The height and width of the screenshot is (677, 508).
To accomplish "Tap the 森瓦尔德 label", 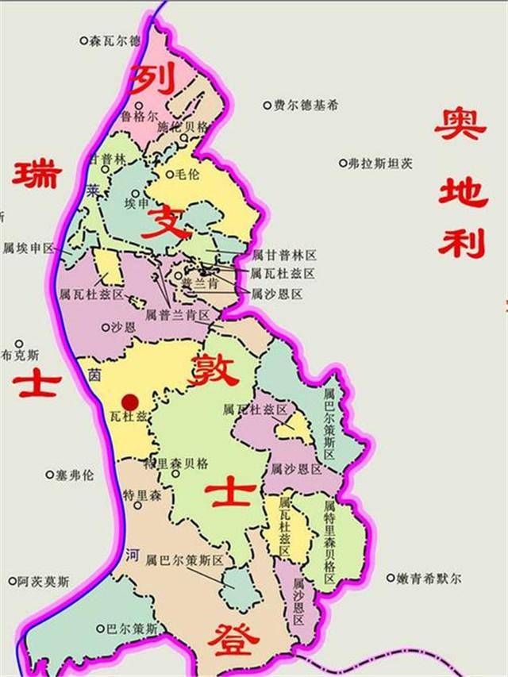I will (114, 40).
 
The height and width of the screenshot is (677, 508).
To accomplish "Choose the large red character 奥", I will (460, 125).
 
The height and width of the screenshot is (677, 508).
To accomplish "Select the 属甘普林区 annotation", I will (283, 256).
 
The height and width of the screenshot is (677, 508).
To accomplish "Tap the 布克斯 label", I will (21, 354).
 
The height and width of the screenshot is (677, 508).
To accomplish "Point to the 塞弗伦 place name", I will (74, 475).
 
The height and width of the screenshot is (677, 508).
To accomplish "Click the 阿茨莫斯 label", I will (43, 582).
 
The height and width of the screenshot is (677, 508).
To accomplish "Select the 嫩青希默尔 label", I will (429, 579).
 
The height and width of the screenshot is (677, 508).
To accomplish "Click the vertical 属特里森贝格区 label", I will (330, 540).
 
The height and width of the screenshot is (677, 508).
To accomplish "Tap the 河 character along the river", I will (131, 555).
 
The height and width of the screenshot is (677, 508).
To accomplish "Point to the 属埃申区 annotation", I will (28, 248).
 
